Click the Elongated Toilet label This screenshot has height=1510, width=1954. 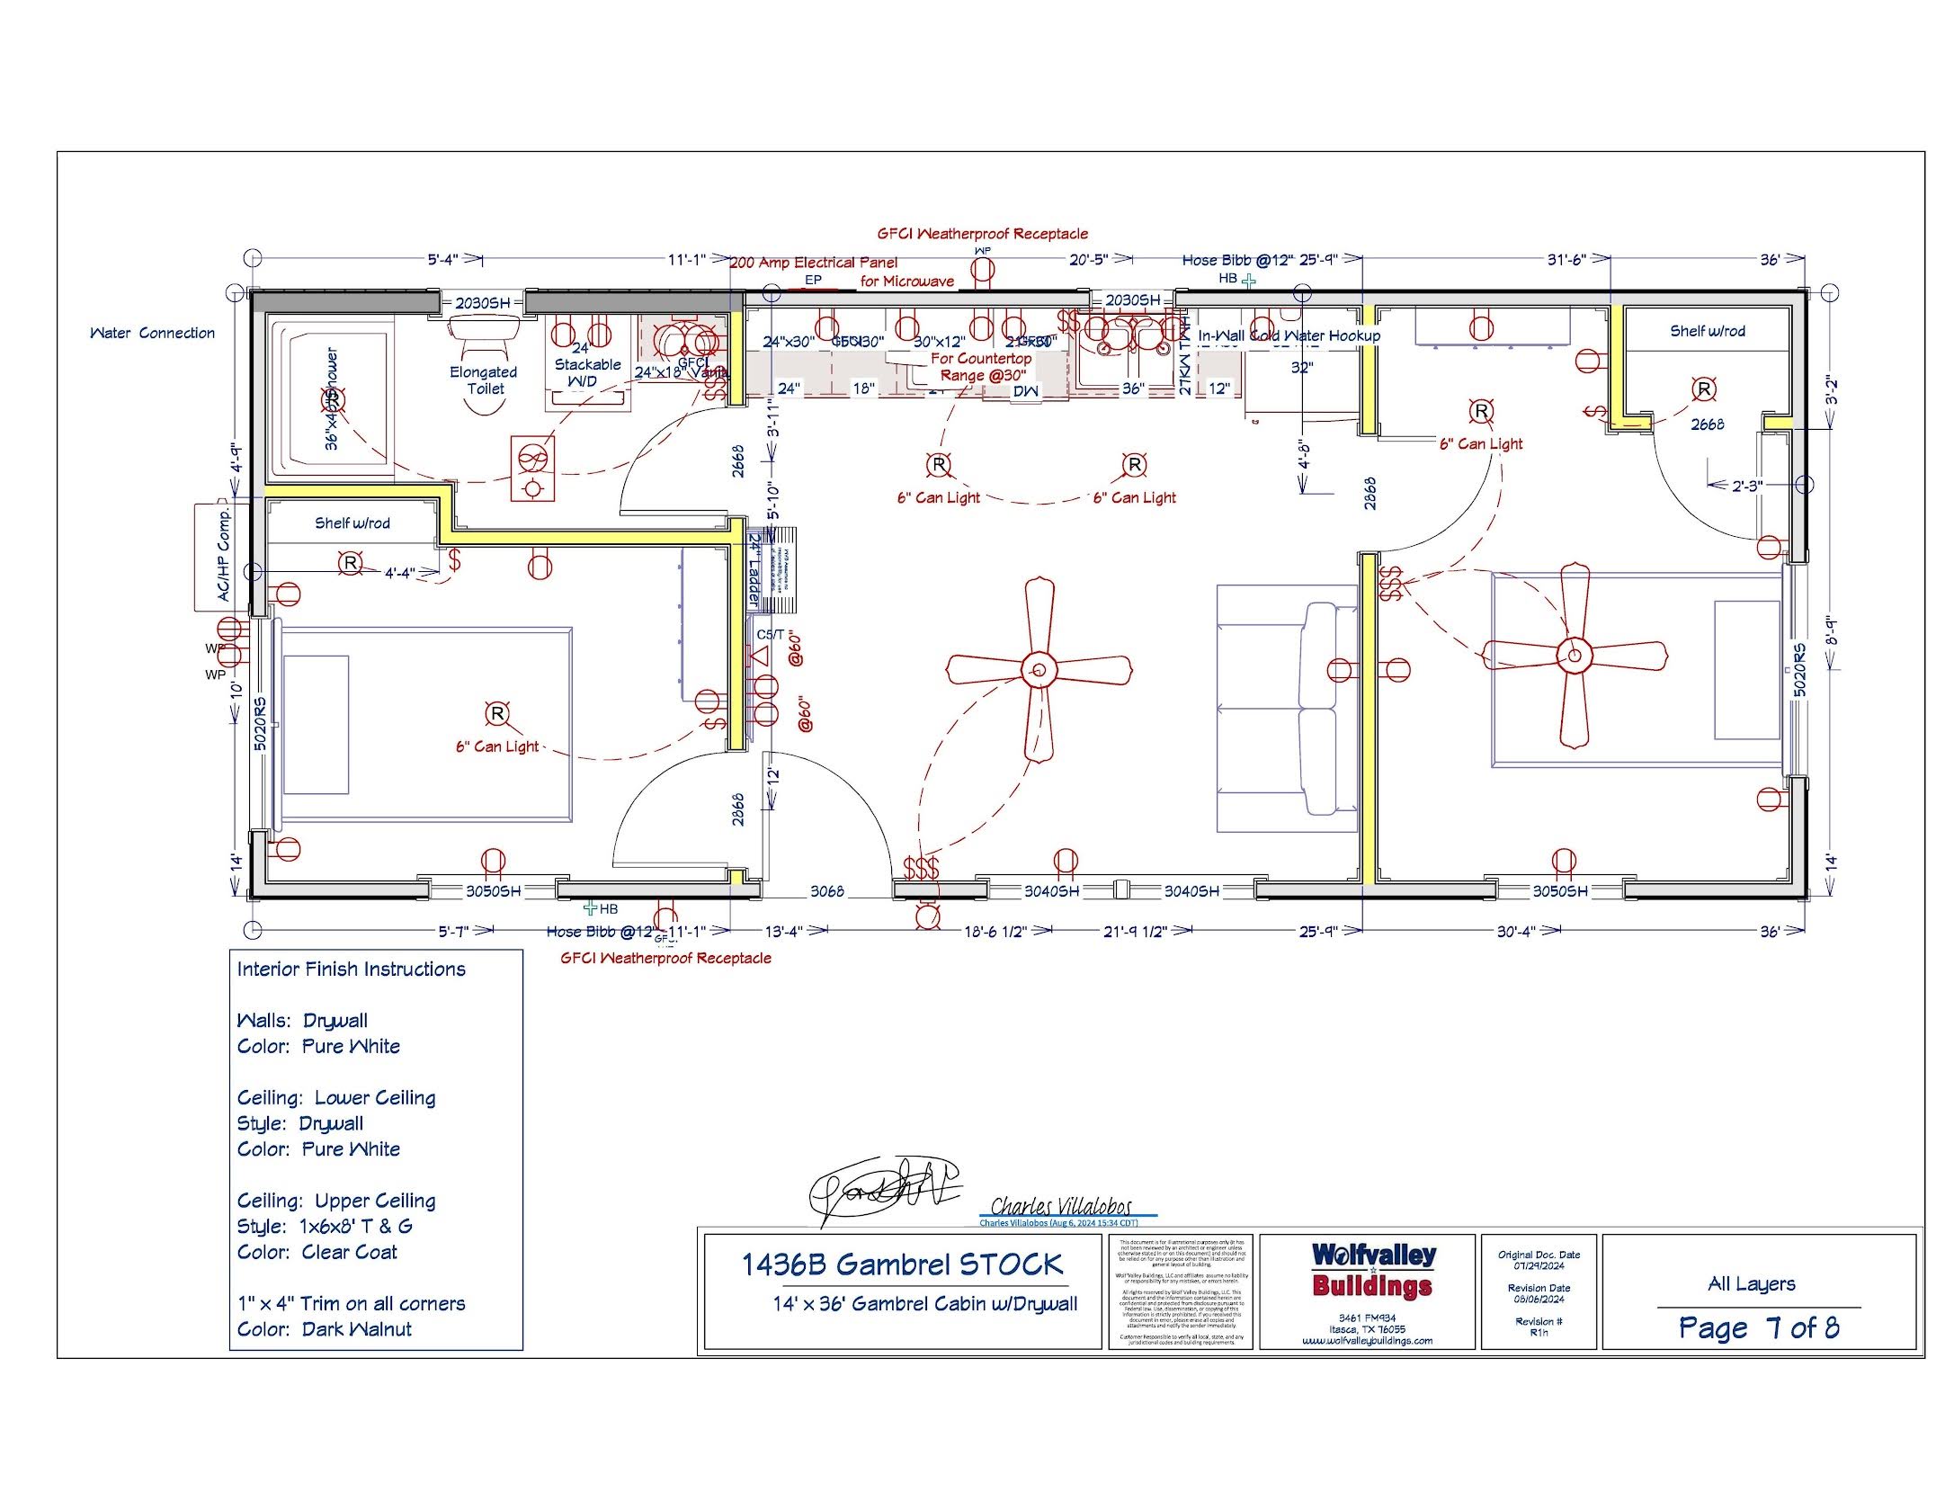click(484, 380)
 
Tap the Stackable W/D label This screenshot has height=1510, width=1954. click(587, 365)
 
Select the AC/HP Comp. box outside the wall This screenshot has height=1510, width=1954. click(221, 556)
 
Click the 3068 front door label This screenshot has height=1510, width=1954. click(826, 891)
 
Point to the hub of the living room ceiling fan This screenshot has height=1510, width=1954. click(1039, 670)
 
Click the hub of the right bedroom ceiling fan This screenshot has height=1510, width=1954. click(1574, 656)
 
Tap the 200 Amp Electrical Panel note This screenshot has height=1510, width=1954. click(813, 263)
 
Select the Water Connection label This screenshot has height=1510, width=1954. click(152, 333)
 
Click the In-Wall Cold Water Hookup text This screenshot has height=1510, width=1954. click(1288, 335)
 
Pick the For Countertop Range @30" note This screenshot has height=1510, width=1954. click(981, 366)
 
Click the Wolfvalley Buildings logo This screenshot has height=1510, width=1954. click(1372, 1269)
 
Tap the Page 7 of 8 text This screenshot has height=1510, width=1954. click(1758, 1327)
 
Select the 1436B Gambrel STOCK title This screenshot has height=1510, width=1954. click(901, 1264)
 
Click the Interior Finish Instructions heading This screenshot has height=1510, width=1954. click(351, 969)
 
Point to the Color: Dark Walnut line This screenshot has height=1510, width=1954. click(324, 1329)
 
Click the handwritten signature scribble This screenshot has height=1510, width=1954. click(881, 1187)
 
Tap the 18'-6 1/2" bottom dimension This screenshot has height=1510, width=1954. click(995, 932)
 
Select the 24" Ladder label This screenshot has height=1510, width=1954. click(754, 570)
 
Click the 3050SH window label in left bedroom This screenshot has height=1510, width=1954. click(492, 891)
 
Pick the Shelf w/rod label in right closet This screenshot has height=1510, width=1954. click(1707, 331)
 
